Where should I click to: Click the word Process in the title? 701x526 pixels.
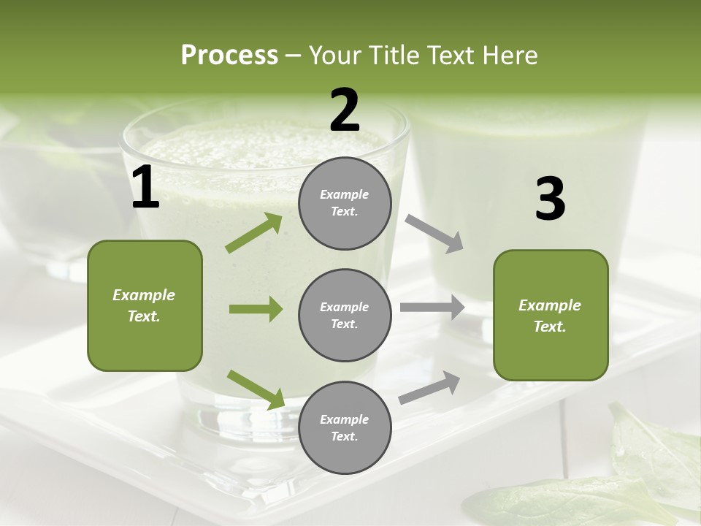coord(229,56)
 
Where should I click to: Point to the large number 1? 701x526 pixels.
coord(145,188)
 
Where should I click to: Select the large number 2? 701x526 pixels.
coord(345,110)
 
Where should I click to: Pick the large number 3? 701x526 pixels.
coord(550,199)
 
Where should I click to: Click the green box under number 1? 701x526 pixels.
coord(145,305)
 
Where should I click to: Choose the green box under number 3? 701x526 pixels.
coord(551,315)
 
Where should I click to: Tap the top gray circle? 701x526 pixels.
coord(345,203)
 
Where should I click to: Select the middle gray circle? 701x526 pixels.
coord(345,315)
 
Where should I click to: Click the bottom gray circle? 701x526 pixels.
coord(345,427)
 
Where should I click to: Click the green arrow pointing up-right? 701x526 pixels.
coord(254,233)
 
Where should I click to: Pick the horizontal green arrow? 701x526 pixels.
coord(256,309)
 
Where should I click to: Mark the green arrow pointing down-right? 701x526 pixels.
coord(256,389)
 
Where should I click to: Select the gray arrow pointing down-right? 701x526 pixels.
coord(434,234)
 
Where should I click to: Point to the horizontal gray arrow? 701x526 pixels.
coord(432,308)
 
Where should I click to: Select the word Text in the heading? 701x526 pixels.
coord(451,56)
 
